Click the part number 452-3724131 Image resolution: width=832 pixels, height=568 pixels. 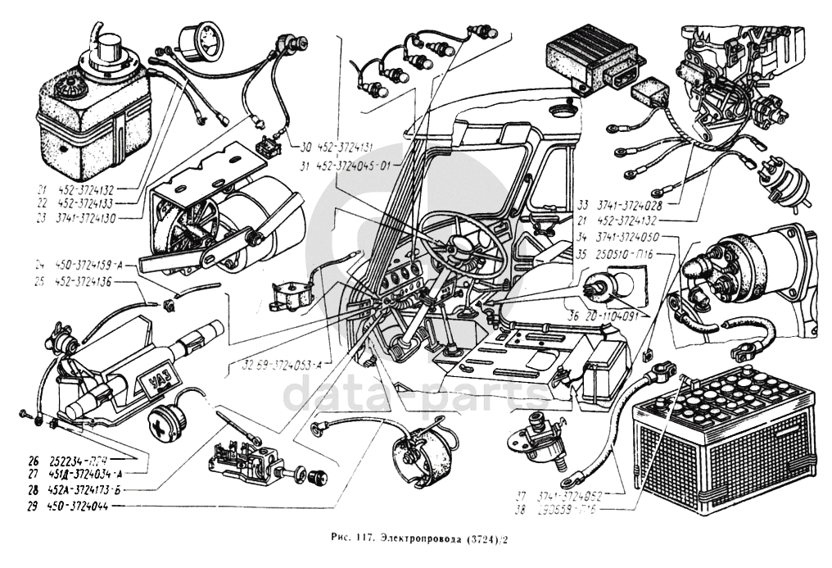coord(345,148)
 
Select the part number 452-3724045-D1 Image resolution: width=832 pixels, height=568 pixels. coord(352,164)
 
